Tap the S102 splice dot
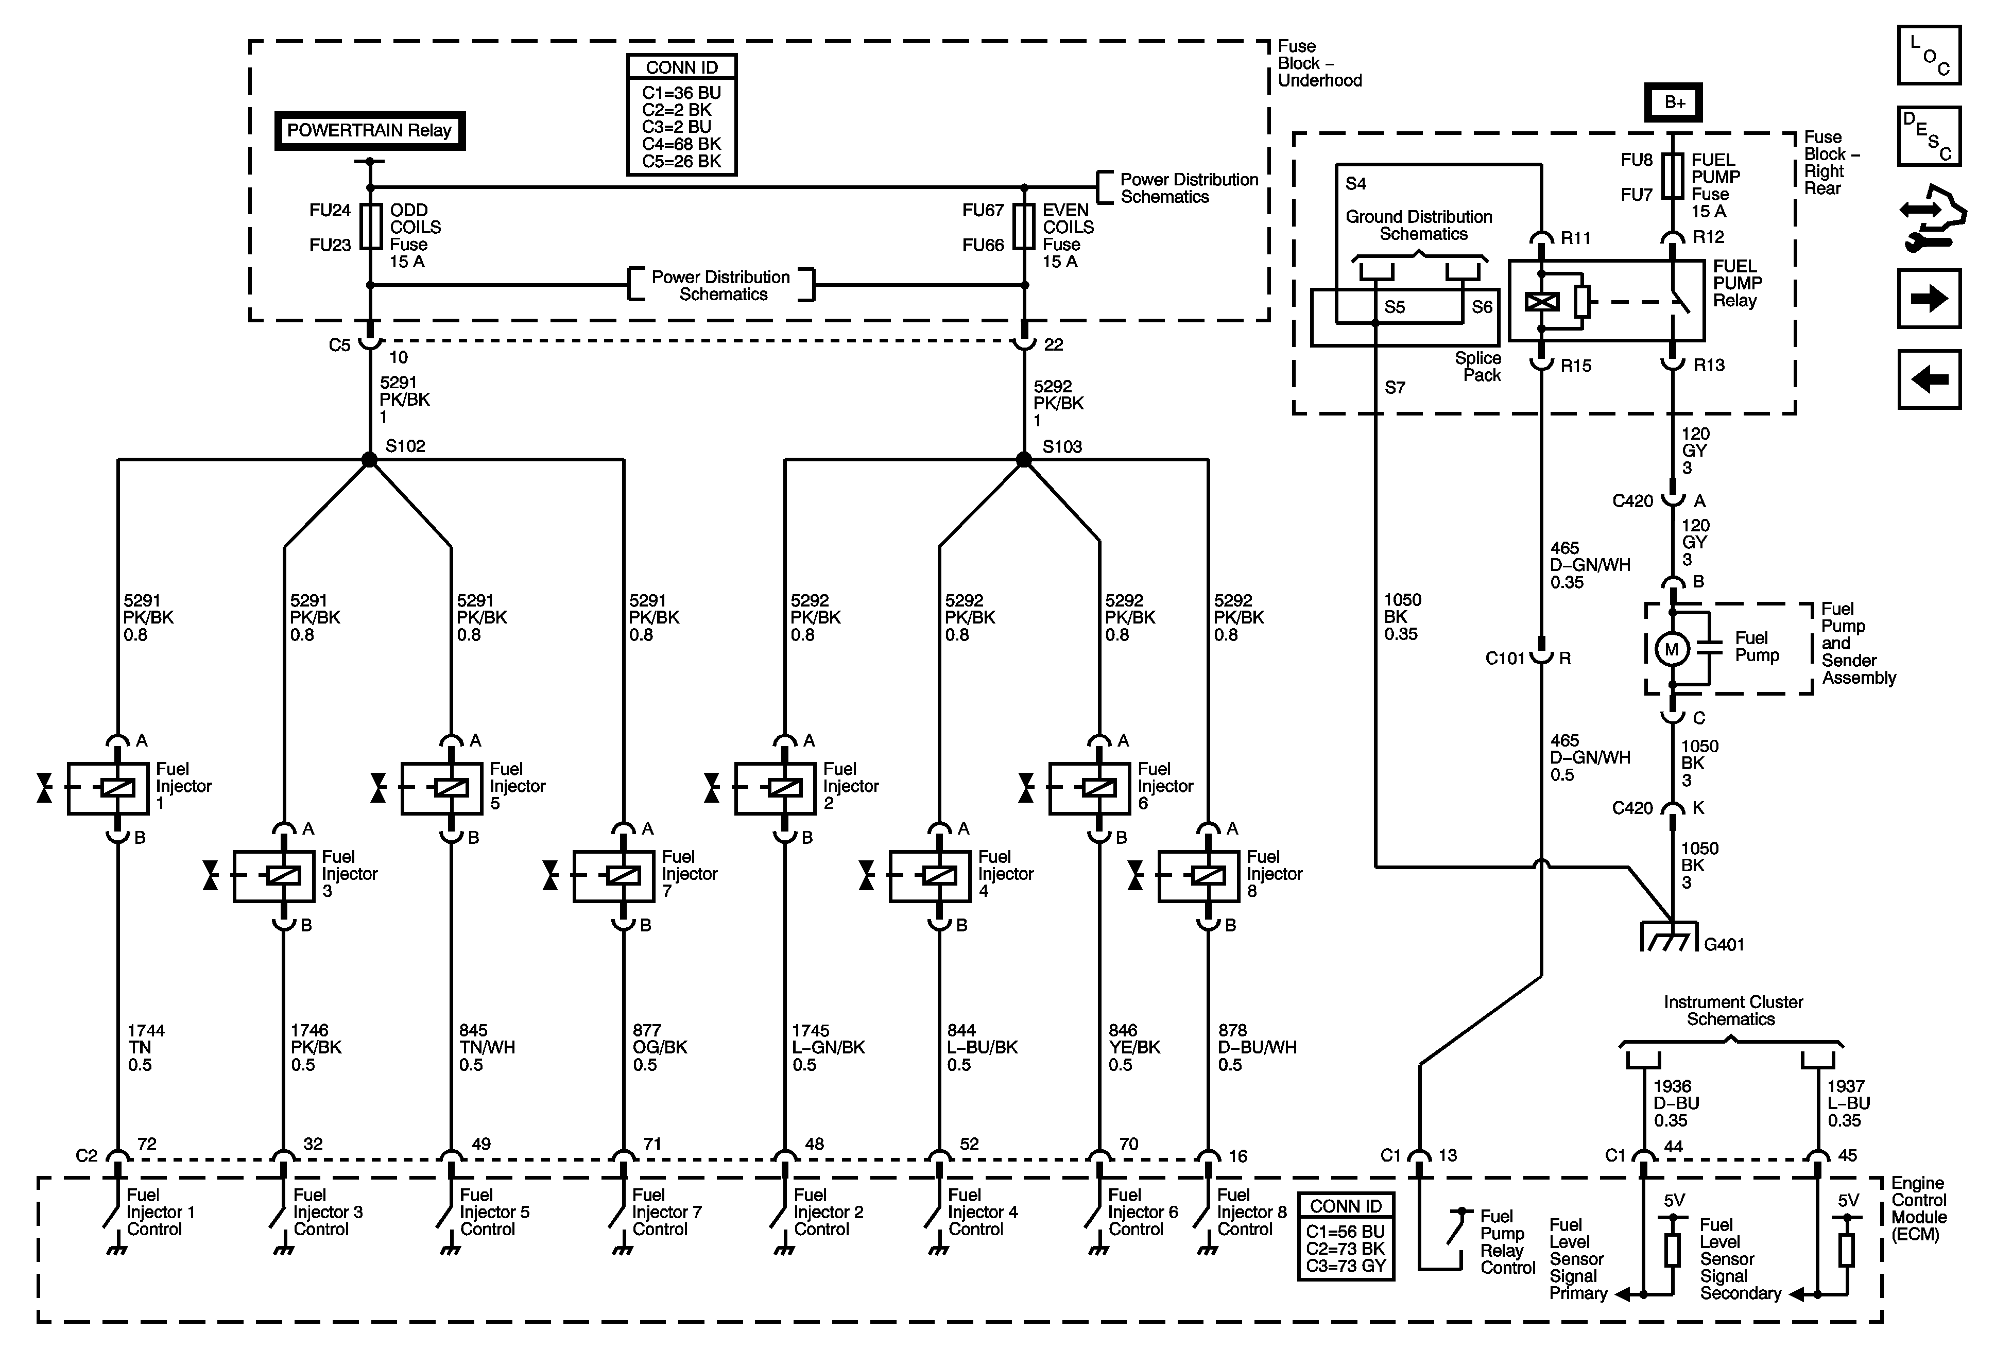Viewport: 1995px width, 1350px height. coord(369,460)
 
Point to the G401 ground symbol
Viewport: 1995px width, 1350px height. coord(1670,937)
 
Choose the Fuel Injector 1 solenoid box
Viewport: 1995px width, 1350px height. coord(108,788)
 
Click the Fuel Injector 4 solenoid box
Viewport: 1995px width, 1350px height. coord(930,875)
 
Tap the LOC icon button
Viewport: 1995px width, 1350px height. coord(1929,56)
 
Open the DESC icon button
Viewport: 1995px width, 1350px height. coord(1929,135)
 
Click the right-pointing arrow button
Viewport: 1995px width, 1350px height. coord(1929,299)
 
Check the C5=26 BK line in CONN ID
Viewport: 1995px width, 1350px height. coord(682,161)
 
